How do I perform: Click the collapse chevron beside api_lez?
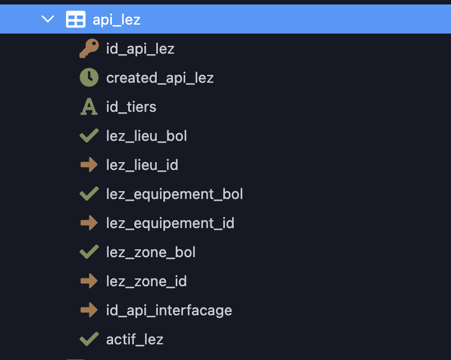coord(48,19)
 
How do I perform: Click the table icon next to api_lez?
coord(76,19)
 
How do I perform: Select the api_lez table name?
coord(116,20)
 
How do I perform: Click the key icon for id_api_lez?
coord(89,48)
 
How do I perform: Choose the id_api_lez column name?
coord(140,49)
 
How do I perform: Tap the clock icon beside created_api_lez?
coord(89,77)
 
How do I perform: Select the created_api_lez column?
coord(160,78)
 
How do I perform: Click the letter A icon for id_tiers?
coord(89,107)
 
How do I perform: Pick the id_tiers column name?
coord(131,107)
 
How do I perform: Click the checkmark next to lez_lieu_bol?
coord(89,136)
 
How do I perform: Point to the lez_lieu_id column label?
coord(142,165)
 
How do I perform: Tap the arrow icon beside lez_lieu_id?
coord(89,165)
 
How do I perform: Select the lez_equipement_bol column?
coord(175,194)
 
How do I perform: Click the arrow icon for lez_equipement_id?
coord(89,222)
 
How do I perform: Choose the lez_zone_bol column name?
coord(151,252)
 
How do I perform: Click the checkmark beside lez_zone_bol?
coord(89,252)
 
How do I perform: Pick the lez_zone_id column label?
coord(147,281)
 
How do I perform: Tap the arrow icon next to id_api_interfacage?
coord(89,310)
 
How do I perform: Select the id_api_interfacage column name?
coord(169,310)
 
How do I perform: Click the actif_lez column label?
coord(135,339)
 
